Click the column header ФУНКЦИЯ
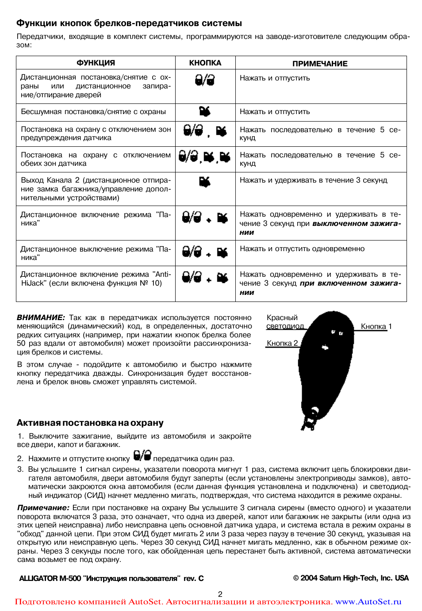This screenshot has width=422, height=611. pyautogui.click(x=96, y=63)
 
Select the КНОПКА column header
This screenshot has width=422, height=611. pyautogui.click(x=205, y=63)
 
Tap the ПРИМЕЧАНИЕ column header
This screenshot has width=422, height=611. pyautogui.click(x=320, y=64)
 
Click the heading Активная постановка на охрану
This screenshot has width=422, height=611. pyautogui.click(x=90, y=423)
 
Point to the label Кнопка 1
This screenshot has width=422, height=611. pyautogui.click(x=376, y=327)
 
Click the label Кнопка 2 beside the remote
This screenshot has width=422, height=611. pyautogui.click(x=282, y=344)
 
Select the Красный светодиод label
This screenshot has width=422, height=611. pyautogui.click(x=285, y=322)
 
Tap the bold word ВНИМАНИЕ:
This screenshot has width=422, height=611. pyautogui.click(x=41, y=318)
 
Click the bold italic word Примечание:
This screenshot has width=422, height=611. pyautogui.click(x=43, y=508)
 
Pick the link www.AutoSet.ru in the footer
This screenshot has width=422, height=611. pyautogui.click(x=368, y=602)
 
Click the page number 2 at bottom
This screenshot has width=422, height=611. pyautogui.click(x=220, y=594)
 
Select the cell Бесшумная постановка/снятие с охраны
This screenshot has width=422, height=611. pyautogui.click(x=93, y=112)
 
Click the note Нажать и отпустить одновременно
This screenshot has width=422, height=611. pyautogui.click(x=302, y=249)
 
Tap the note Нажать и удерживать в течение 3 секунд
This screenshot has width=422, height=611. pyautogui.click(x=313, y=180)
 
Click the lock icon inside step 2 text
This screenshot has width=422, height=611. pyautogui.click(x=142, y=455)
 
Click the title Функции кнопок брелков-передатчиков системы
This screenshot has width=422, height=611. pyautogui.click(x=129, y=23)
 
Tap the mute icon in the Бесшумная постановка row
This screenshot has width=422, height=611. pyautogui.click(x=205, y=111)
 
